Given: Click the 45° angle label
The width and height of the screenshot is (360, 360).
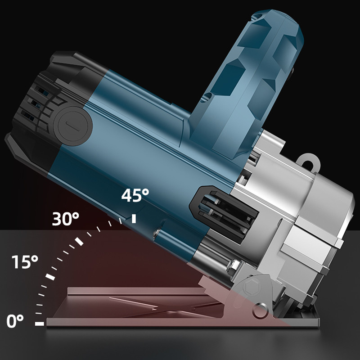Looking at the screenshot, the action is click(x=135, y=195).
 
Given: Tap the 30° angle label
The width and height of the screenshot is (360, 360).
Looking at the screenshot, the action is click(x=65, y=219).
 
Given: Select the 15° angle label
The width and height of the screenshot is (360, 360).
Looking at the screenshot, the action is click(x=25, y=262).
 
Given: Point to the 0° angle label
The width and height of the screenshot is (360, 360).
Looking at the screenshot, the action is click(x=15, y=321).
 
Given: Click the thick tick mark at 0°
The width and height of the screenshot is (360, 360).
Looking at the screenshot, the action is click(x=40, y=324).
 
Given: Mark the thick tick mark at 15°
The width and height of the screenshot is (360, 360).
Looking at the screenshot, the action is click(x=50, y=277).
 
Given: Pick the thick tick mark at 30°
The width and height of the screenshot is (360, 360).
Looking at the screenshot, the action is click(x=79, y=241).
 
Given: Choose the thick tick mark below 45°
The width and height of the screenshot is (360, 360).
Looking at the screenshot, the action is click(x=134, y=219).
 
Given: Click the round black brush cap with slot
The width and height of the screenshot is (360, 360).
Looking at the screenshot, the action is click(x=73, y=126).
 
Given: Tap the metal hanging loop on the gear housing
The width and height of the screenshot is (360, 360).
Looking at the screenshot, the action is click(x=308, y=162).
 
